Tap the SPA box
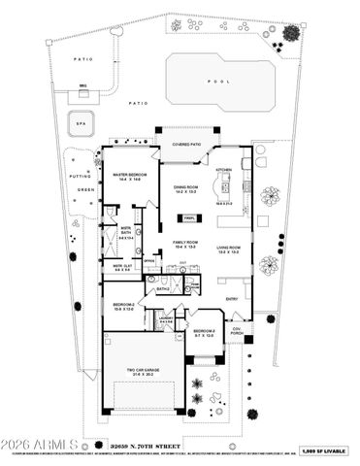[78, 124]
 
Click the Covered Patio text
[187, 145]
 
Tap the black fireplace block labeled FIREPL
[189, 218]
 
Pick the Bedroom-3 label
[205, 333]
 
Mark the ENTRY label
[233, 299]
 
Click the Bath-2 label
[163, 289]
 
